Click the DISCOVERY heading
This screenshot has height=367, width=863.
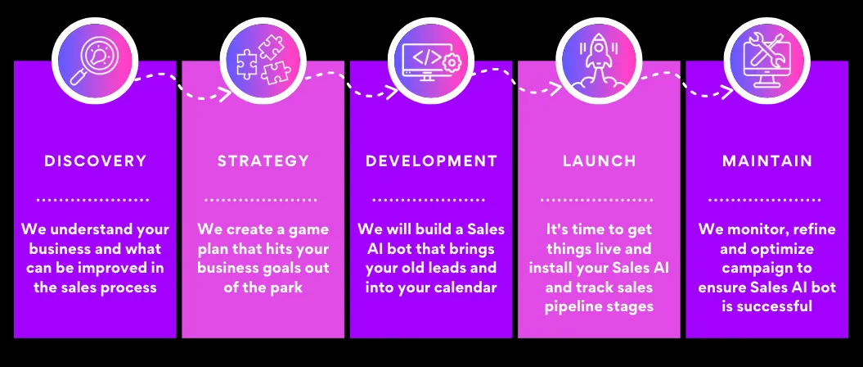point(95,161)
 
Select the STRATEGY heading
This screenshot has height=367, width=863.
point(263,161)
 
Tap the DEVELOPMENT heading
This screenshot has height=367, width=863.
point(432,161)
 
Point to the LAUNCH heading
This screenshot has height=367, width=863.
point(600,161)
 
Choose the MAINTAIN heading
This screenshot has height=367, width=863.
point(767,161)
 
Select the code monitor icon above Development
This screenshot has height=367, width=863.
point(430,61)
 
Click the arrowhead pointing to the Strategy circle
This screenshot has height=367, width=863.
point(225,94)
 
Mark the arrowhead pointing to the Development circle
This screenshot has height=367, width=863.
point(392,92)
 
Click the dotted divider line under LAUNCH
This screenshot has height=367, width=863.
point(596,200)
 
